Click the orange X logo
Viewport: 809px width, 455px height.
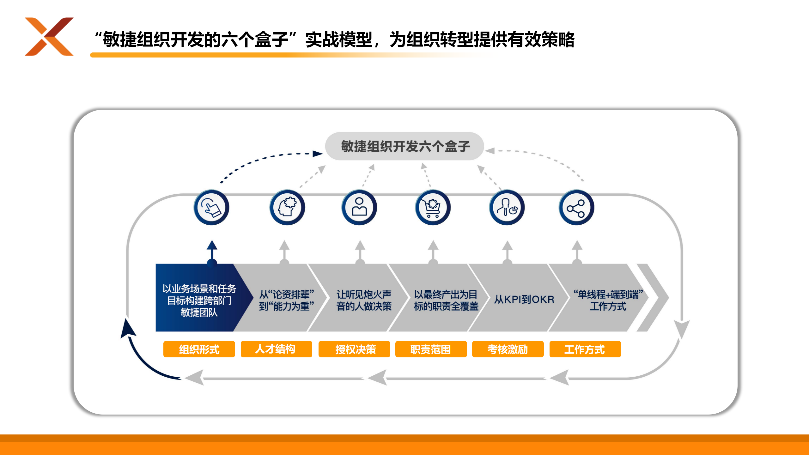[x=49, y=37]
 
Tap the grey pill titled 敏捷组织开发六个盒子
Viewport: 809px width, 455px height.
[x=404, y=146]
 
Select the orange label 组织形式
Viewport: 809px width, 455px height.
[x=199, y=349]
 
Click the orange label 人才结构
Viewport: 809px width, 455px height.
[x=276, y=349]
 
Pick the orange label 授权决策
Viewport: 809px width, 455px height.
[x=354, y=349]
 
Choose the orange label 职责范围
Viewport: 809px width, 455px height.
[x=431, y=349]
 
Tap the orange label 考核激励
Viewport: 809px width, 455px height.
[x=508, y=349]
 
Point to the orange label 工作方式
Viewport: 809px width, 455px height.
[x=585, y=349]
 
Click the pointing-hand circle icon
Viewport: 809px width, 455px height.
[x=211, y=207]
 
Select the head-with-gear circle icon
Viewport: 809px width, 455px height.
[x=287, y=207]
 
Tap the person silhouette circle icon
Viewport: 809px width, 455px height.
[x=359, y=207]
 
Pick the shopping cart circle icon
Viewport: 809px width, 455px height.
[x=433, y=207]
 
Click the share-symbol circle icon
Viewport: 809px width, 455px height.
[x=576, y=207]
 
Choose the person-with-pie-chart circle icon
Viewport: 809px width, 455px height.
[x=507, y=207]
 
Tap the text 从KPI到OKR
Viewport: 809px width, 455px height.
[x=524, y=299]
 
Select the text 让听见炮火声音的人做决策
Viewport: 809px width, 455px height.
[x=364, y=300]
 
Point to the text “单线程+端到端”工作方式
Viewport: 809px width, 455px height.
[x=608, y=300]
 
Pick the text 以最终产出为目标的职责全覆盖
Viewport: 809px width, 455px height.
[x=446, y=300]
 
